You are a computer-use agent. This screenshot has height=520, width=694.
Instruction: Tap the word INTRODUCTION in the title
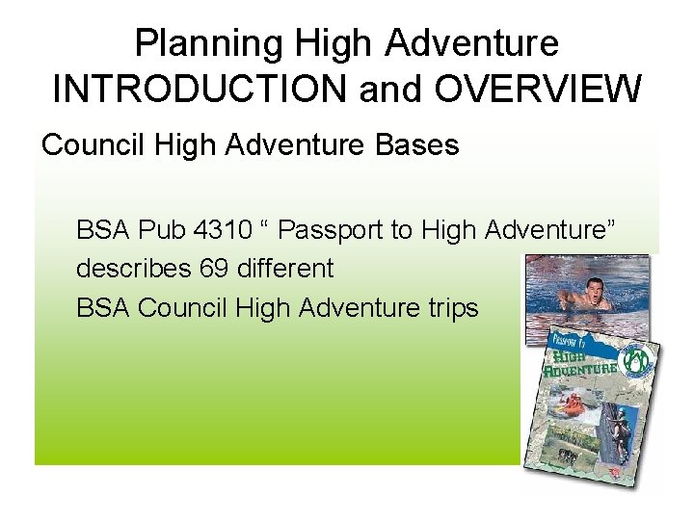(x=200, y=89)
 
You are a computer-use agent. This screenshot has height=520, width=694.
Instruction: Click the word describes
(x=134, y=268)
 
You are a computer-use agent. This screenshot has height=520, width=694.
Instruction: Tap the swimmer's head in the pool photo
(x=580, y=283)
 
